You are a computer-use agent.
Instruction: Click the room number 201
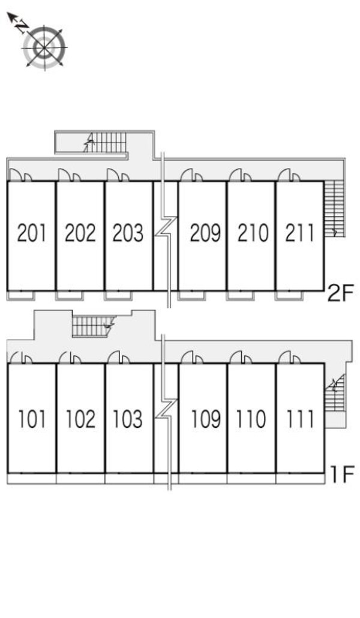[x=32, y=233]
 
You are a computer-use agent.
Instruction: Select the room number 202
[x=80, y=233]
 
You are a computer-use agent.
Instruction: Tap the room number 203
[x=128, y=233]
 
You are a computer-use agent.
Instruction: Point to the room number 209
[x=205, y=233]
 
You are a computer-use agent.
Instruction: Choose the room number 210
[x=253, y=233]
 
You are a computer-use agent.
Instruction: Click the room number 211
[x=300, y=233]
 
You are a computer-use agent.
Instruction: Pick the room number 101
[x=32, y=419]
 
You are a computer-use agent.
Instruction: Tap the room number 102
[x=80, y=419]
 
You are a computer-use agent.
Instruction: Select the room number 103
[x=128, y=419]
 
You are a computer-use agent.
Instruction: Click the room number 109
[x=206, y=419]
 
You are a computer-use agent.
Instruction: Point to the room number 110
[x=251, y=419]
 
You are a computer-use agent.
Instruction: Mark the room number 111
[x=300, y=419]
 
